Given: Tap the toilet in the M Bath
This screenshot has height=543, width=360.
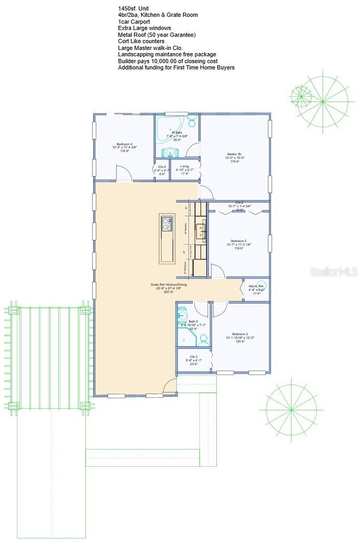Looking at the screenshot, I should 192,123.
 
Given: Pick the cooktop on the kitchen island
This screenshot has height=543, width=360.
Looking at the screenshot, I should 167,224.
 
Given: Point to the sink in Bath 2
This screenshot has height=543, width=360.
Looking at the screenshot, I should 183,315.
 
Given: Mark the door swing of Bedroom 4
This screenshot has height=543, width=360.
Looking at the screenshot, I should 122,174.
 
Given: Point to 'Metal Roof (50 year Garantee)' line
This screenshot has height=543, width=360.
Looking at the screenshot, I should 156,35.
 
